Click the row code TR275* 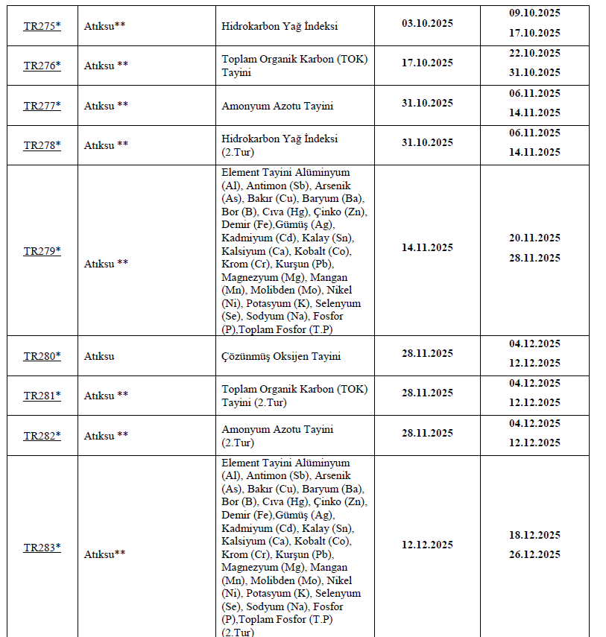pyautogui.click(x=42, y=25)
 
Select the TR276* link pyautogui.click(x=42, y=66)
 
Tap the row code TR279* pyautogui.click(x=42, y=251)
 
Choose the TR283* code pyautogui.click(x=42, y=548)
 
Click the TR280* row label pyautogui.click(x=42, y=356)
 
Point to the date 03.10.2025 pyautogui.click(x=427, y=22)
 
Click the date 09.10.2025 pyautogui.click(x=534, y=13)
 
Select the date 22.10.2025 pyautogui.click(x=534, y=53)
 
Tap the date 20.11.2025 pyautogui.click(x=534, y=238)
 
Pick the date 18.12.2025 pyautogui.click(x=534, y=535)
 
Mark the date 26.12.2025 pyautogui.click(x=534, y=554)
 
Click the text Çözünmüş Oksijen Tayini pyautogui.click(x=281, y=356)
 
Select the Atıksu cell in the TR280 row pyautogui.click(x=99, y=356)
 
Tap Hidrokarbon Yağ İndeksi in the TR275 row pyautogui.click(x=280, y=26)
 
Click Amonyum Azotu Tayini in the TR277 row pyautogui.click(x=277, y=106)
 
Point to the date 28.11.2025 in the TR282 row pyautogui.click(x=427, y=433)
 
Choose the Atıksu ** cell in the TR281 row pyautogui.click(x=106, y=396)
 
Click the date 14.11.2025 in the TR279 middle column pyautogui.click(x=427, y=247)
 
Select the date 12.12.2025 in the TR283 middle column pyautogui.click(x=427, y=545)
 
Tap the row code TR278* pyautogui.click(x=42, y=145)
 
